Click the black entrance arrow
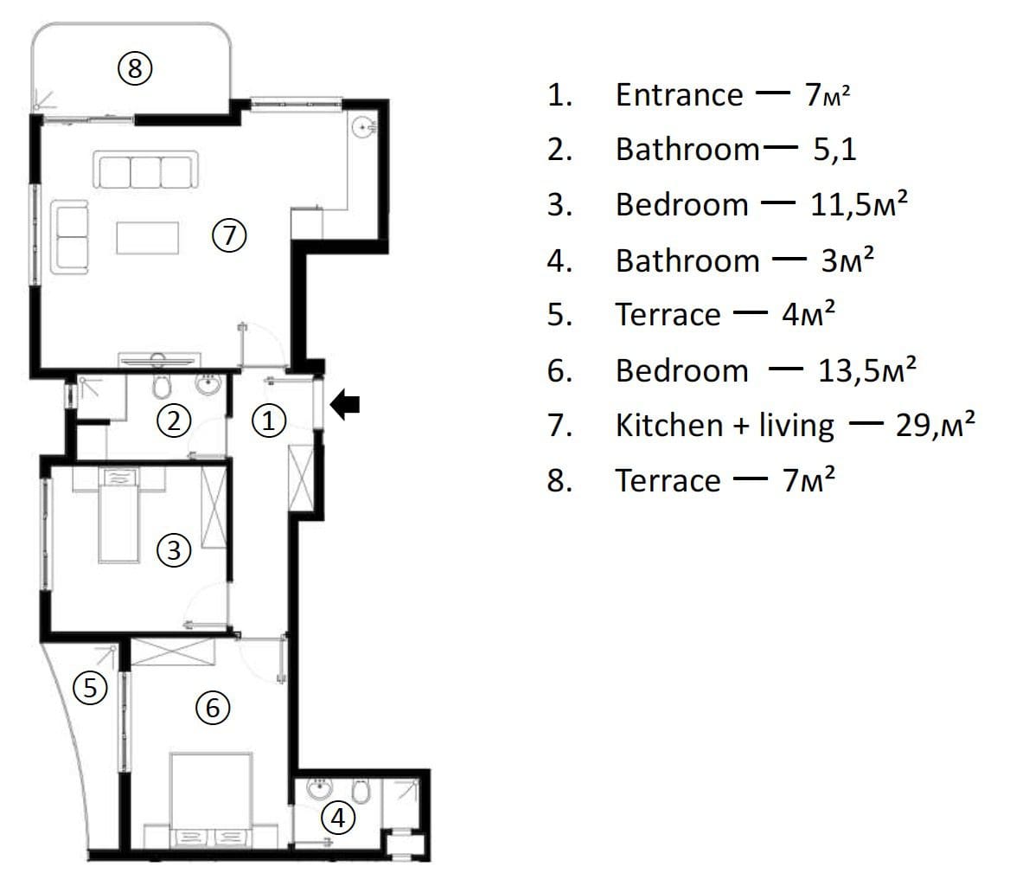point(345,405)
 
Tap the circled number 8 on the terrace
point(135,67)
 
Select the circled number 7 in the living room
point(229,235)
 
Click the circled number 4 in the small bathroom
point(338,818)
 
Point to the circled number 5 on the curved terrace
point(90,687)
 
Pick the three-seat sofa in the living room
point(145,170)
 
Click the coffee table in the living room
point(148,238)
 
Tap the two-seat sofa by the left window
point(69,237)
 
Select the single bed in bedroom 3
point(118,516)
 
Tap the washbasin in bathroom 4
point(319,787)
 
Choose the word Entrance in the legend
point(679,94)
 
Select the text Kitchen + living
point(725,426)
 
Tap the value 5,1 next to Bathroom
point(834,150)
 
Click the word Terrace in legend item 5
point(668,314)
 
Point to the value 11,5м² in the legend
point(859,204)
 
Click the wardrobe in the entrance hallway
point(301,478)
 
